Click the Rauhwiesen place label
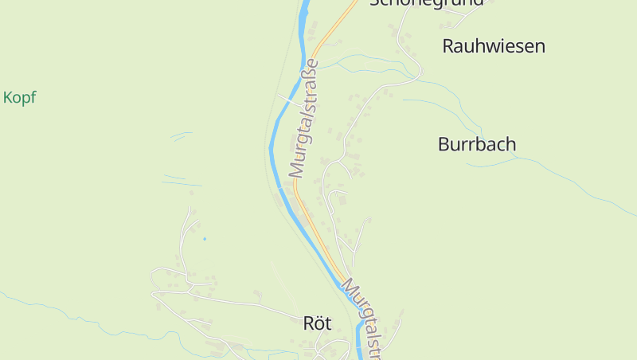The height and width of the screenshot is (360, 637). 494,46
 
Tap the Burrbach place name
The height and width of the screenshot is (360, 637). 477,144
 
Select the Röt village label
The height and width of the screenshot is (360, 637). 317,323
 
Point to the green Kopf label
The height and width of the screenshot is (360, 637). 19,98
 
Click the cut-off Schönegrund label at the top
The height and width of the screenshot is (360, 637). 427,3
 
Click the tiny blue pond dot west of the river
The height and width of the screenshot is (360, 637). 205,238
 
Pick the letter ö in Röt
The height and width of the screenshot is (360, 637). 317,323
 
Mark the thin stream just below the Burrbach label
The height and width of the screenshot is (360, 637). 494,163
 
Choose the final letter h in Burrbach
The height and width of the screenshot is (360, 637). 510,144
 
